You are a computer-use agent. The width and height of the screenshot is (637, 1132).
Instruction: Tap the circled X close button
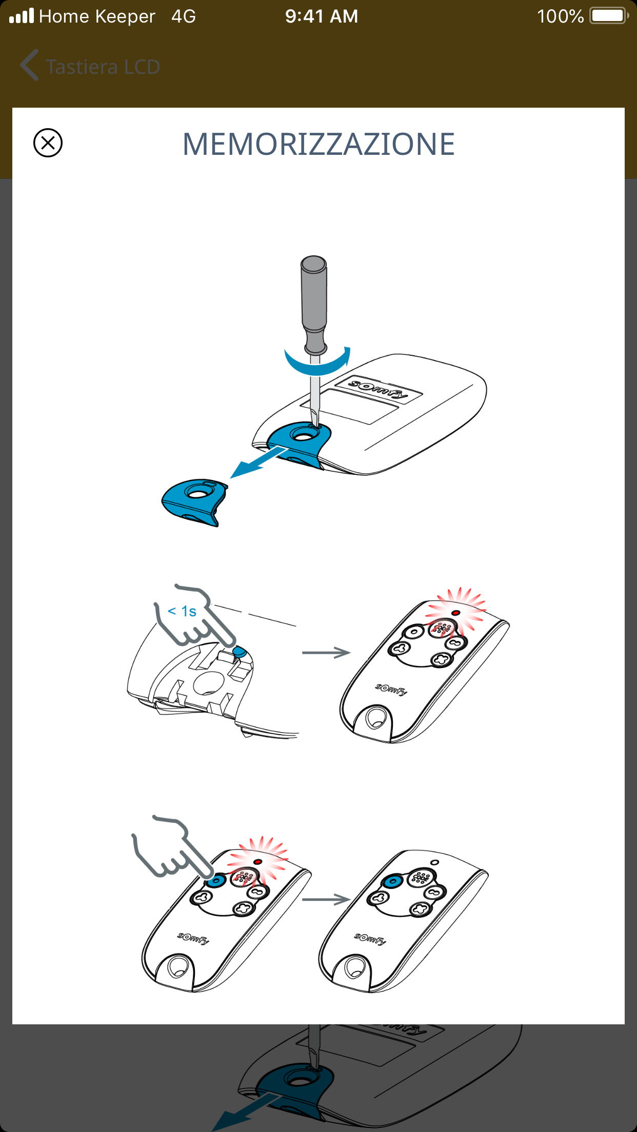pyautogui.click(x=48, y=143)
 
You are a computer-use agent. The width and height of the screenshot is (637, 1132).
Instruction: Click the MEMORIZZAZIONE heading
pyautogui.click(x=318, y=144)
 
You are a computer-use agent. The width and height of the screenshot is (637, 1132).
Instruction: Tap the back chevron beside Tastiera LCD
pyautogui.click(x=29, y=65)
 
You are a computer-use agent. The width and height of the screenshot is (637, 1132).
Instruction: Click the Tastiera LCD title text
pyautogui.click(x=103, y=67)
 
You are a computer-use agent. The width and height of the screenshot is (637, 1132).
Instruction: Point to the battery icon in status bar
pyautogui.click(x=609, y=16)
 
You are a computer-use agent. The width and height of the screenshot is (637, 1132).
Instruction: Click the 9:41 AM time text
pyautogui.click(x=322, y=16)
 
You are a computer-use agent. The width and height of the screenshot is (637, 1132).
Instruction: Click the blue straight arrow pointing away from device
pyautogui.click(x=259, y=461)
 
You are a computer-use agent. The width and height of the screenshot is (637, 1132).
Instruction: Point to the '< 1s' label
pyautogui.click(x=182, y=611)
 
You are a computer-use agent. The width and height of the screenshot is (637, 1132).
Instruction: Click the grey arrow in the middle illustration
pyautogui.click(x=326, y=653)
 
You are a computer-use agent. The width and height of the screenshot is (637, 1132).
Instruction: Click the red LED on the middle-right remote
pyautogui.click(x=455, y=613)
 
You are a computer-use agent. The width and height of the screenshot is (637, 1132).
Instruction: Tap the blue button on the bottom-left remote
pyautogui.click(x=216, y=881)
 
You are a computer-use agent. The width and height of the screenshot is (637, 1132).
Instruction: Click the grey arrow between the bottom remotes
pyautogui.click(x=326, y=899)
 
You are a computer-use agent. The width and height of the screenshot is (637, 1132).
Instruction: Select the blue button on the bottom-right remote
pyautogui.click(x=393, y=881)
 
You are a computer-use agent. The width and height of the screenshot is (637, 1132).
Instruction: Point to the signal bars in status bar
pyautogui.click(x=22, y=15)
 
